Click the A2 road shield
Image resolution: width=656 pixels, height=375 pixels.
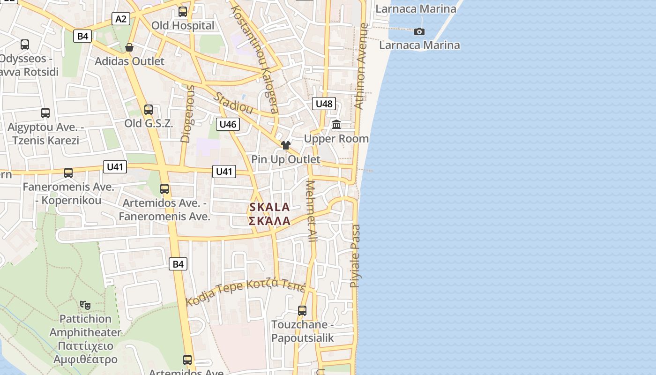[121, 19]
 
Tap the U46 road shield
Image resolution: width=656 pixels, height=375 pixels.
[228, 124]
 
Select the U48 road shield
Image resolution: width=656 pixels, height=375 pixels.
[324, 104]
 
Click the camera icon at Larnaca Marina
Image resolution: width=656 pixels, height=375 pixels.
[419, 31]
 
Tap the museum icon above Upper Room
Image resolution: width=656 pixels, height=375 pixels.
[336, 125]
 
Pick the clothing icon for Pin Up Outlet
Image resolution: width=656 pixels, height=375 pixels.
[286, 145]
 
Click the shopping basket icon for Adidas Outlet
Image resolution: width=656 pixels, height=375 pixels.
[129, 47]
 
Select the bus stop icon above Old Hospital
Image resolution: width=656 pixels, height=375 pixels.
[183, 12]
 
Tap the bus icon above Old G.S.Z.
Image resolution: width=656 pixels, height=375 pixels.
[149, 110]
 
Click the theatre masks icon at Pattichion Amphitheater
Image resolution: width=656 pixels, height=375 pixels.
[85, 305]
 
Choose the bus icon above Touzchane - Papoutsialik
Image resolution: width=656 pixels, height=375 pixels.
[302, 310]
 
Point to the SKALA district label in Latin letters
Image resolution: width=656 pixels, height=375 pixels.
[269, 207]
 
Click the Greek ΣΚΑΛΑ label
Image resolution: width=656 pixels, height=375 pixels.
[269, 221]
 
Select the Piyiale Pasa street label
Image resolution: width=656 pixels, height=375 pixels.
[356, 256]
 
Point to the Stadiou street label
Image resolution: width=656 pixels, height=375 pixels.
[233, 103]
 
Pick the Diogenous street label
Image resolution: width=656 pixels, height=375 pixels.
[187, 113]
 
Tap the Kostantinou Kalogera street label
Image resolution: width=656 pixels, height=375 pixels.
[256, 59]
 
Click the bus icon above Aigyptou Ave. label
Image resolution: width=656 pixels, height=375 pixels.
[45, 113]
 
